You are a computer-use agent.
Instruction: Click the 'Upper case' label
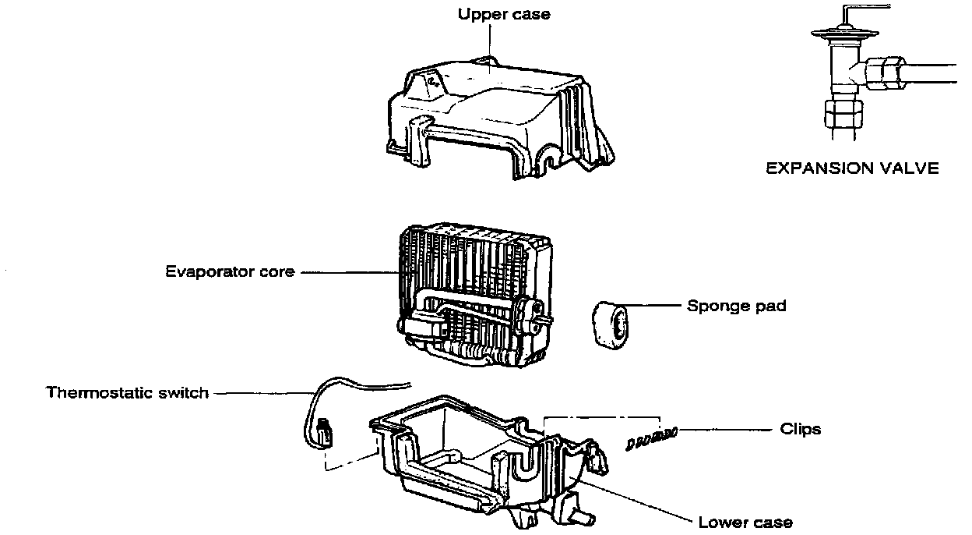click(x=503, y=15)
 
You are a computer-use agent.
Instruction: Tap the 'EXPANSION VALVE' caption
click(x=853, y=168)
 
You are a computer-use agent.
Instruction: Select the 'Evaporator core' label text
click(x=230, y=272)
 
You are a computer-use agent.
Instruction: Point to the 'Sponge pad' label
click(x=736, y=306)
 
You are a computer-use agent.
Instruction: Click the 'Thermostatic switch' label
click(x=128, y=392)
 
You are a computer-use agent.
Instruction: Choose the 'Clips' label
click(x=801, y=429)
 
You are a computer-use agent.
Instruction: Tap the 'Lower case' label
click(x=745, y=522)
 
